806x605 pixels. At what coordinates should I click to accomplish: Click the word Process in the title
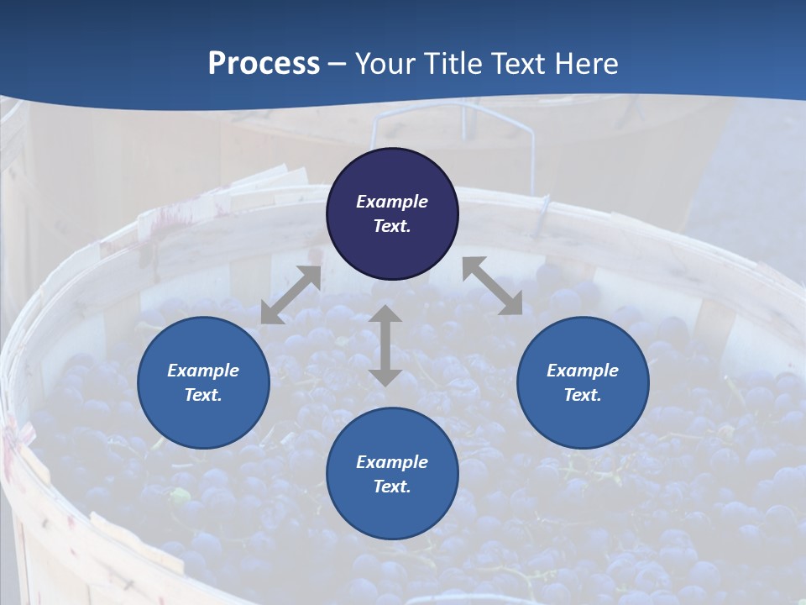(264, 64)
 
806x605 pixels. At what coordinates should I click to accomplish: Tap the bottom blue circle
(392, 513)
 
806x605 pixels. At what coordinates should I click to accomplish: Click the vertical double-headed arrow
(385, 345)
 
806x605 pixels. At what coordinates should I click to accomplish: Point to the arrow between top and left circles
(290, 295)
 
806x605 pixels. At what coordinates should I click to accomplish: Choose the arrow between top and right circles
(492, 286)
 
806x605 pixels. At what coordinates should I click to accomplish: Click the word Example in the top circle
(392, 202)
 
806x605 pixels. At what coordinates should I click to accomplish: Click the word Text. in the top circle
(392, 226)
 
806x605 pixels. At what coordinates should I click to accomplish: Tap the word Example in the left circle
(203, 371)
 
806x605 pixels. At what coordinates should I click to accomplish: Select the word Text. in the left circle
(203, 395)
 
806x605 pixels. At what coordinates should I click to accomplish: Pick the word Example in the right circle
(583, 371)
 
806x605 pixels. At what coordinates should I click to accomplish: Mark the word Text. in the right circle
(583, 395)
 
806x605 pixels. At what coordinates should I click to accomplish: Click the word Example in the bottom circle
(392, 462)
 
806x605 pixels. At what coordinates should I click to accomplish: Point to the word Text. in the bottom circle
(392, 487)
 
